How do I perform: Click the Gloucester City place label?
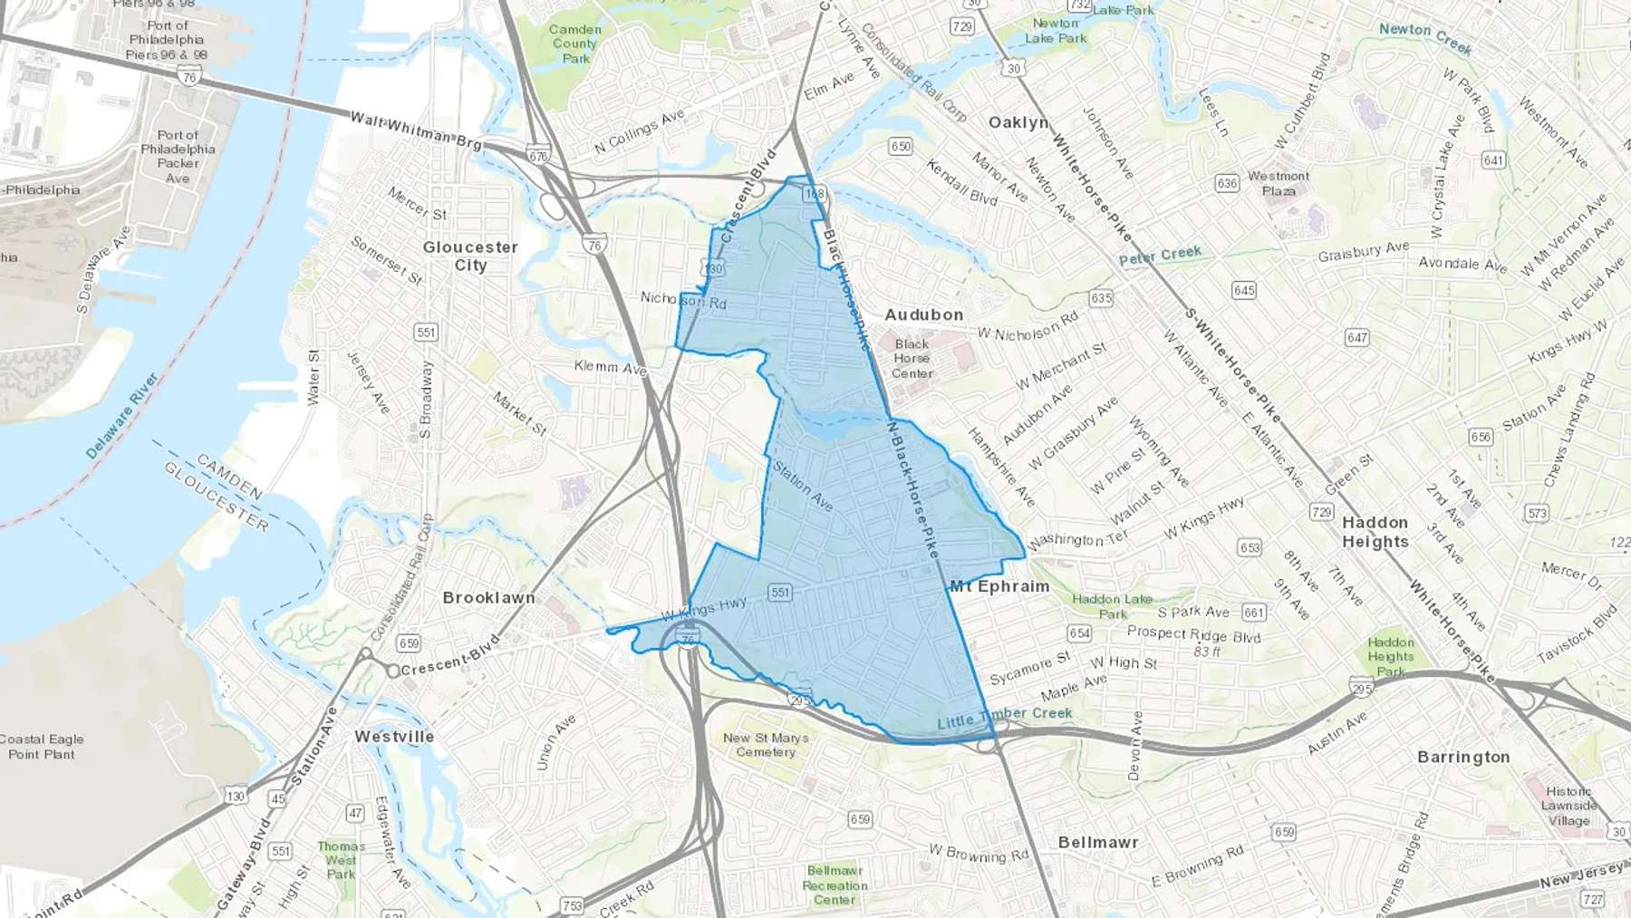(x=470, y=256)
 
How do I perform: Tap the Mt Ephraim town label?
(x=999, y=586)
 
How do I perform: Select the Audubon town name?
(x=923, y=314)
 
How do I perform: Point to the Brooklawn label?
(x=488, y=598)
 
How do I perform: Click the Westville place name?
(x=394, y=737)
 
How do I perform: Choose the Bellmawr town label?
(x=1098, y=842)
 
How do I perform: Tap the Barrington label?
(x=1463, y=757)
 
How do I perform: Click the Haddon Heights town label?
(x=1375, y=532)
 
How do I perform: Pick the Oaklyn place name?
(x=1018, y=122)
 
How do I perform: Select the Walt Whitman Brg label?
(x=416, y=130)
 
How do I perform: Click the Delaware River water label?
(x=122, y=415)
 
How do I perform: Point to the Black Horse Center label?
(x=912, y=358)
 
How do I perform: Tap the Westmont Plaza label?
(x=1279, y=183)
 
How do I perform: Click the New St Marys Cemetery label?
(x=766, y=745)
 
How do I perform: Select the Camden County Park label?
(x=574, y=43)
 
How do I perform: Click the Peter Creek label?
(x=1160, y=256)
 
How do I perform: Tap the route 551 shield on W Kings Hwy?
(x=779, y=593)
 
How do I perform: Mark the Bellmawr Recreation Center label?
(x=835, y=884)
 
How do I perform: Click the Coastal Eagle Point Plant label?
(x=42, y=747)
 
